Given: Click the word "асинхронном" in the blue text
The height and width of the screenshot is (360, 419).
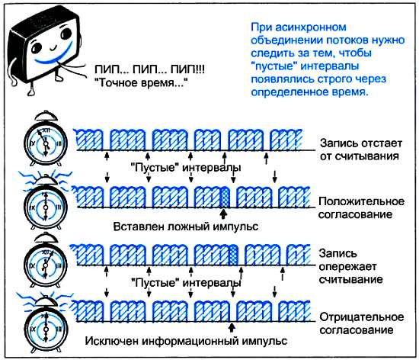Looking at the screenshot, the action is [x=311, y=27].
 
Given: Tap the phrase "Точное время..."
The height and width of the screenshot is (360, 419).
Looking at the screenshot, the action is [x=142, y=82].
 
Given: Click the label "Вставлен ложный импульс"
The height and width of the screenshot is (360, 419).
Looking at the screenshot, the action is [x=186, y=227].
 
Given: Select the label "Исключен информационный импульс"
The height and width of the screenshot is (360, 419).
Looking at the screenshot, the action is [x=186, y=341].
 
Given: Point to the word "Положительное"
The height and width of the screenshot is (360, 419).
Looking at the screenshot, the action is [x=362, y=201].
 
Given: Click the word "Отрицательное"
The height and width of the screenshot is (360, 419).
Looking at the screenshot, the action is [x=362, y=317].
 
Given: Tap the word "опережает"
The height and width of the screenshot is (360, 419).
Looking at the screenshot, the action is [x=347, y=267].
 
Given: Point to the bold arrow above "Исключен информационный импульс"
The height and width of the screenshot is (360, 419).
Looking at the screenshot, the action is [x=232, y=327].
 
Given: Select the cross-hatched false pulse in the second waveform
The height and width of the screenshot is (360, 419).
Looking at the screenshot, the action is [x=225, y=198].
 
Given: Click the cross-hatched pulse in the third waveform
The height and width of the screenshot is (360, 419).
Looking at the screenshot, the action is [x=233, y=255].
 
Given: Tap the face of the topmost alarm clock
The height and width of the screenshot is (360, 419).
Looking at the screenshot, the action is [x=46, y=143].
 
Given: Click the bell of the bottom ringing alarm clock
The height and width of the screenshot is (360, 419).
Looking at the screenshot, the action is [x=46, y=301].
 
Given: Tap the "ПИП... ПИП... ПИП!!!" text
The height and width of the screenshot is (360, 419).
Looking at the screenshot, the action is [x=150, y=70].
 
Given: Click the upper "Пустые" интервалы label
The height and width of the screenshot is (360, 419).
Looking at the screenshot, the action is [x=186, y=168].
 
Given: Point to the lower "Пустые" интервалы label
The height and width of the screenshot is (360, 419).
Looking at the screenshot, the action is [x=186, y=283].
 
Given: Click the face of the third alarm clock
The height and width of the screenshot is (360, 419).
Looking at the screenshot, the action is [x=46, y=265].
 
